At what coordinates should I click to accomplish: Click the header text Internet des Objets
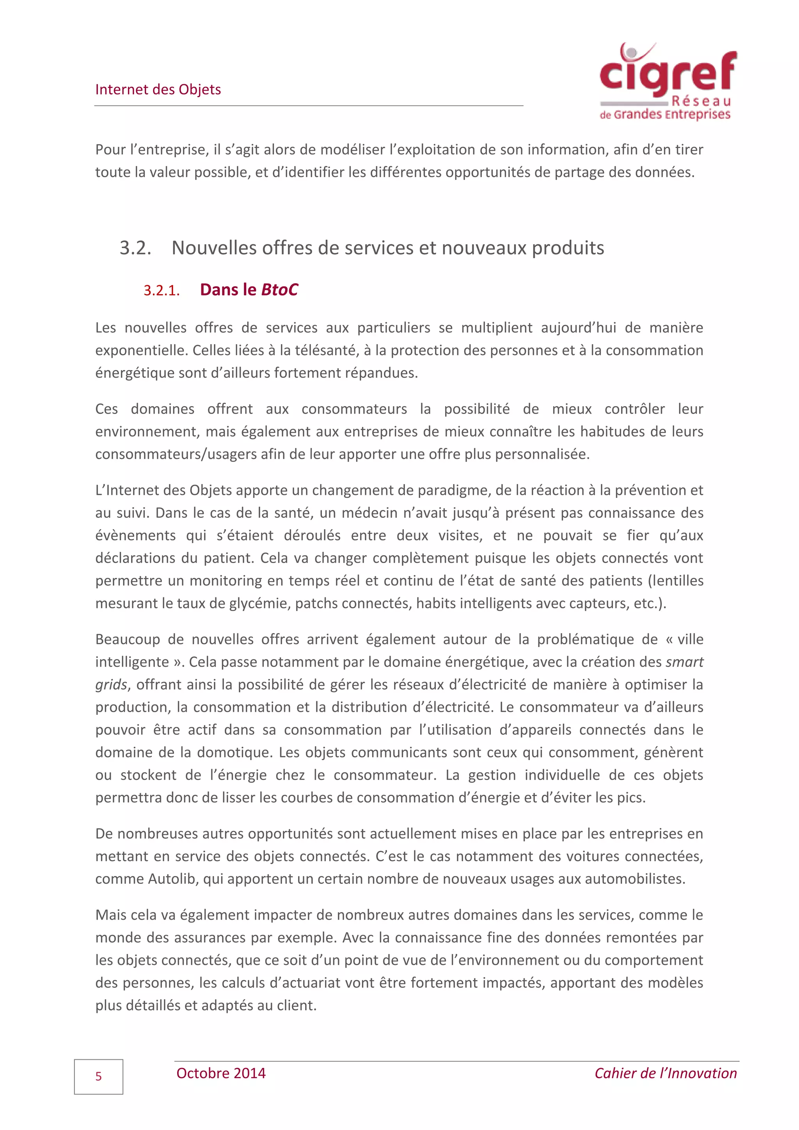[158, 90]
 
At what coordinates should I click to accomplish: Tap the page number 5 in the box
[98, 1077]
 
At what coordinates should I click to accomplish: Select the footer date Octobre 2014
[221, 1073]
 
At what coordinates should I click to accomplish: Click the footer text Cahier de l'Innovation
[665, 1073]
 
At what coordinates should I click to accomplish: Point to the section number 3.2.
[135, 248]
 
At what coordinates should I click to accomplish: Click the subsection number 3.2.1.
[162, 291]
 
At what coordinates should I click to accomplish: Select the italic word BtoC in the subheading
[279, 290]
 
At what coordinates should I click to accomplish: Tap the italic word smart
[684, 662]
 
